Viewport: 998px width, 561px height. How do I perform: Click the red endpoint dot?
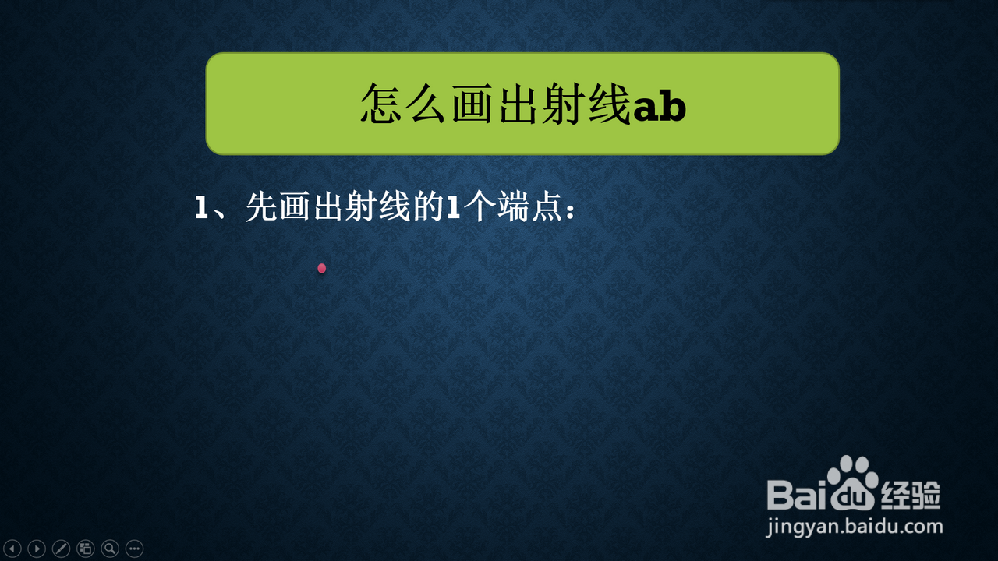pos(322,269)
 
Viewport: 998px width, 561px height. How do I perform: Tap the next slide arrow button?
pos(37,549)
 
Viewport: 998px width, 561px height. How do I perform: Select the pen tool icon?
pos(61,549)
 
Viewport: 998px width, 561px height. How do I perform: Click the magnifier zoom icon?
pos(110,549)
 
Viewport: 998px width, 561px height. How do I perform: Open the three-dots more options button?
pos(135,549)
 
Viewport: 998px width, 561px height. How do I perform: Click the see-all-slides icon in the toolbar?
pos(86,549)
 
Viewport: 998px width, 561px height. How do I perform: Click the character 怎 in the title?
pos(382,104)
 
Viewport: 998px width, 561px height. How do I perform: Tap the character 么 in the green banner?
pos(427,104)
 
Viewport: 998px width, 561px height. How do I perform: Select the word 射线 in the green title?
pos(588,104)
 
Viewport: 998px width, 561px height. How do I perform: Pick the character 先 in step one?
pos(262,206)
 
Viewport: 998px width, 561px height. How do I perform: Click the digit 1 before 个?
pos(454,207)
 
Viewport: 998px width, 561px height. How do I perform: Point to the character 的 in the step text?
pos(429,206)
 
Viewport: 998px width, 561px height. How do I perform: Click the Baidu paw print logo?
pos(853,483)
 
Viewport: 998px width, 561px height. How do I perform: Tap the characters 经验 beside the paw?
pos(911,495)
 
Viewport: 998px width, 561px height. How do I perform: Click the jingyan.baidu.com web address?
pos(854,527)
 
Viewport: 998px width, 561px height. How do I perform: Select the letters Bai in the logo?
pos(797,494)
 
